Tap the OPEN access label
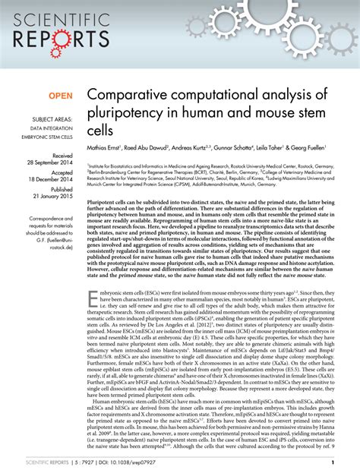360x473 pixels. click(62, 96)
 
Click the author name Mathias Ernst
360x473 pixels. click(109, 150)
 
